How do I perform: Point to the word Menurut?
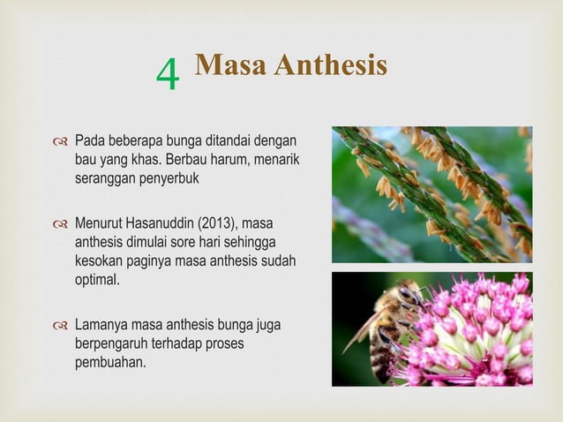coord(98,220)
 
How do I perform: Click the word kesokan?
coord(99,260)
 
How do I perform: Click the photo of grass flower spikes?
coord(432,194)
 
